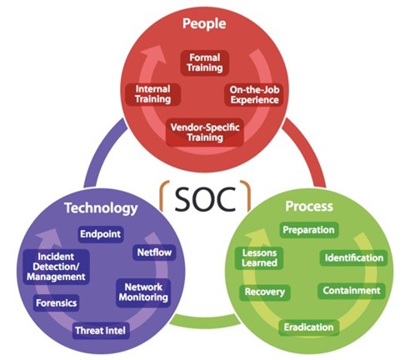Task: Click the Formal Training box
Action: point(205,62)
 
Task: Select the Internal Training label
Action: point(152,94)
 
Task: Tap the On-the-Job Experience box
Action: point(254,95)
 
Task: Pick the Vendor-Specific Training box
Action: point(205,132)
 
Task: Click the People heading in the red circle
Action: point(204,23)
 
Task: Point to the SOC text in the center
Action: point(205,199)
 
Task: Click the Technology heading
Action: point(101,208)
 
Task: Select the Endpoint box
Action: point(101,234)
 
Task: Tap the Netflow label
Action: point(154,252)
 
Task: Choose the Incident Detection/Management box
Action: point(57,267)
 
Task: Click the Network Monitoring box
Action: point(143,292)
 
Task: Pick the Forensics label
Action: point(57,302)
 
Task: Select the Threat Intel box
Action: point(101,331)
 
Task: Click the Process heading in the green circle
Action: point(309,207)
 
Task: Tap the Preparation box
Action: point(308,230)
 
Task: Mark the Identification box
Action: point(354,258)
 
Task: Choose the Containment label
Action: point(352,291)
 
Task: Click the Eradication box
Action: point(308,327)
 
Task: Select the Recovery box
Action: point(265,292)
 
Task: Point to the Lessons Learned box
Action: point(259,258)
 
